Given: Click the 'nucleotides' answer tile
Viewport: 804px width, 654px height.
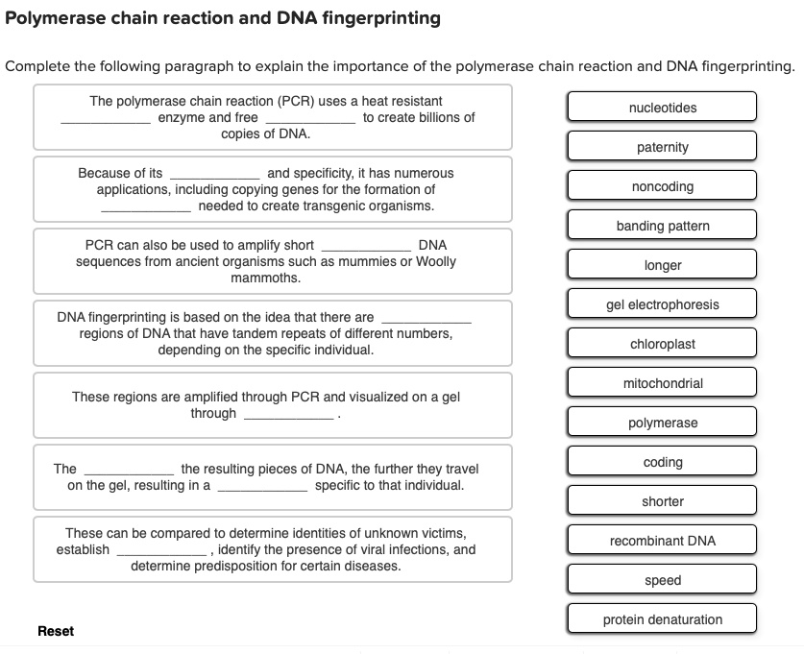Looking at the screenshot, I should (662, 108).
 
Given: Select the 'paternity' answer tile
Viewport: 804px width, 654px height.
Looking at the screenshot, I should (662, 147).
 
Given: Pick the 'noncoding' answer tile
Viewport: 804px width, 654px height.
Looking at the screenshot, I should (662, 186).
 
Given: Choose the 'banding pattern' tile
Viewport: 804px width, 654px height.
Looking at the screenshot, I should (662, 226).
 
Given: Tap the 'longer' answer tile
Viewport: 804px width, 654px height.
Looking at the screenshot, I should (662, 265).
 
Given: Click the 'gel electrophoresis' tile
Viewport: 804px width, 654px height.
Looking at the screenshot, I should (662, 304).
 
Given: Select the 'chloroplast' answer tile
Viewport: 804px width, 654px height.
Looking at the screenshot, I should (662, 344).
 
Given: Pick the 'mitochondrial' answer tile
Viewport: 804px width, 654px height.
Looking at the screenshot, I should (662, 383).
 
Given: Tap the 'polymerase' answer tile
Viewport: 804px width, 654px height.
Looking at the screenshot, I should (662, 423).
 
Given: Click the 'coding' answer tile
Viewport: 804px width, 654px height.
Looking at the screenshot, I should (662, 462).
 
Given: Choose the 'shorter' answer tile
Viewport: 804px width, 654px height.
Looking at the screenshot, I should (662, 501).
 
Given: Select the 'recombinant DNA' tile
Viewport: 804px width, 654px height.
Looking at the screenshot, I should (662, 541).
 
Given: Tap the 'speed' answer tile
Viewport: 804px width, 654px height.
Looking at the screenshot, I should (662, 580).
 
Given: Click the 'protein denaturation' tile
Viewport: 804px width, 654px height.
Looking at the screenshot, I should (662, 619).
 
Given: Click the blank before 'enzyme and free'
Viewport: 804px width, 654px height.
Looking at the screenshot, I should (105, 119).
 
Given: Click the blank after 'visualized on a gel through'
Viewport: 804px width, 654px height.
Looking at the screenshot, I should (288, 416).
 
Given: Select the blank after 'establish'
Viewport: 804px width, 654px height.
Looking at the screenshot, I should (160, 552).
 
